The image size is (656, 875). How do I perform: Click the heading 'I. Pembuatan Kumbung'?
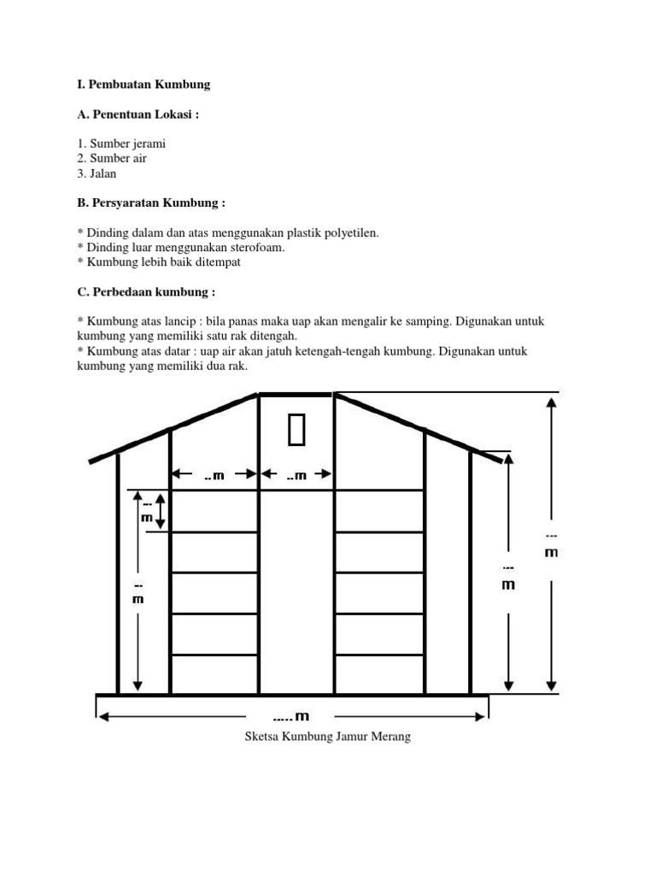pos(143,85)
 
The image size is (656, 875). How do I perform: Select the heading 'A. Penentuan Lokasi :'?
pos(138,115)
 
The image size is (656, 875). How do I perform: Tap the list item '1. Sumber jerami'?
pos(121,144)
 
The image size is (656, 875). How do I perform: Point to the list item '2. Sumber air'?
pos(111,158)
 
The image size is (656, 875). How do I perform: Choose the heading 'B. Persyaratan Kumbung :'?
pos(151,203)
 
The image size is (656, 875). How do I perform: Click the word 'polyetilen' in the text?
pos(351,232)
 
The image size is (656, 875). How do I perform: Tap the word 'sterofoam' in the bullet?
pos(257,247)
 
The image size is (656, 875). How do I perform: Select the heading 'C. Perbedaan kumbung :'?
pos(145,291)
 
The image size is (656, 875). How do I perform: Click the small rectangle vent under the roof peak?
pos(296,430)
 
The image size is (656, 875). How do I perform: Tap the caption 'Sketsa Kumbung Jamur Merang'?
pos(328,737)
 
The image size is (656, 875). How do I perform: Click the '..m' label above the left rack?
pos(214,475)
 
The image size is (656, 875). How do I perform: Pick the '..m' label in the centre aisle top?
pos(296,475)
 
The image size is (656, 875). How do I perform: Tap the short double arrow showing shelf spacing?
pos(159,511)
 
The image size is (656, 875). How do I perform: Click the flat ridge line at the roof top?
pos(296,394)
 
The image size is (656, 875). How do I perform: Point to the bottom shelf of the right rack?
pos(379,655)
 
